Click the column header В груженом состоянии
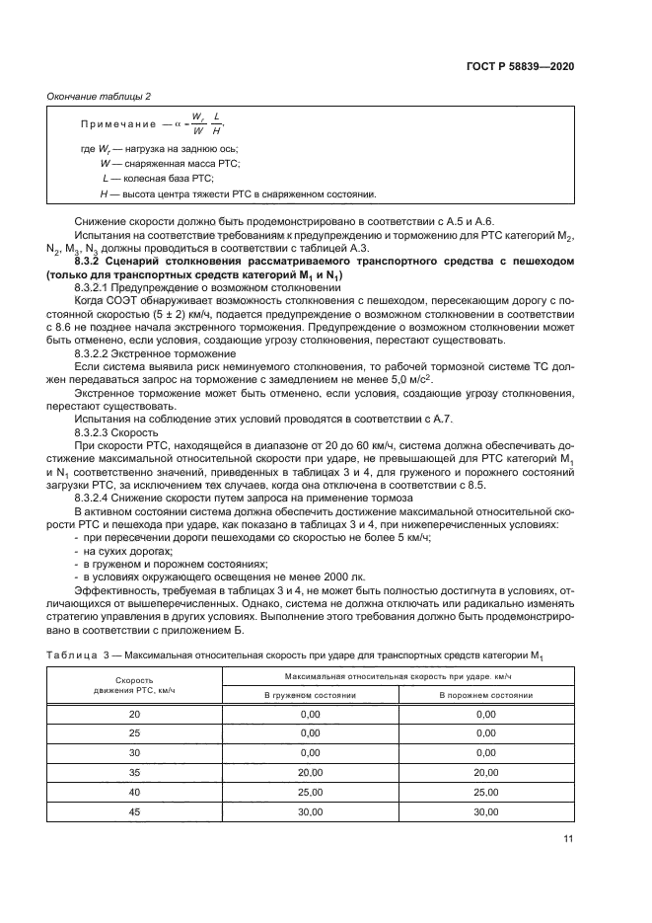click(x=310, y=694)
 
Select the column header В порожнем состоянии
click(x=485, y=694)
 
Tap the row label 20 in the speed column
click(x=134, y=712)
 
